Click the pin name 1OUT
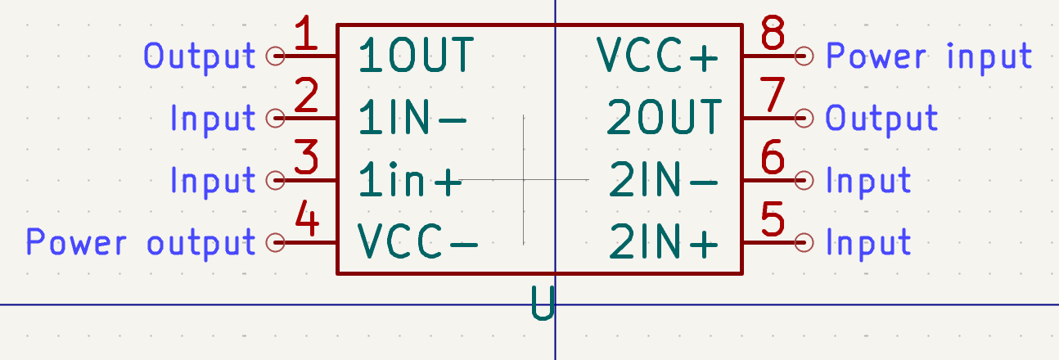click(416, 56)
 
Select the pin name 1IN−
click(412, 118)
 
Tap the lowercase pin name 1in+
click(410, 179)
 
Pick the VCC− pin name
click(418, 241)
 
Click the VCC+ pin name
click(658, 56)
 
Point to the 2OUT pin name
click(665, 118)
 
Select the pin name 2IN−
click(664, 179)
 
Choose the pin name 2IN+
click(664, 241)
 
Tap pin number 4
click(307, 218)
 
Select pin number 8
click(773, 33)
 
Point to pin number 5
click(773, 218)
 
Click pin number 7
click(773, 94)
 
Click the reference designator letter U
click(543, 304)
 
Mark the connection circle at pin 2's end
click(275, 118)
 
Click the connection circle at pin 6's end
click(804, 180)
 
